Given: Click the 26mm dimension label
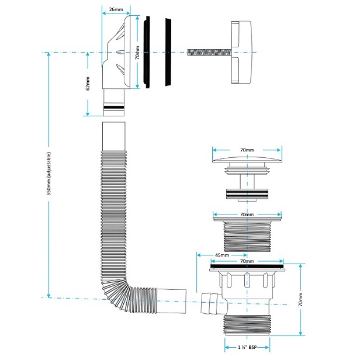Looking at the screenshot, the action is tap(116, 9).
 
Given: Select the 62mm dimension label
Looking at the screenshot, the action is tap(88, 84).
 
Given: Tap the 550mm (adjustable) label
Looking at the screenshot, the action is tap(49, 174).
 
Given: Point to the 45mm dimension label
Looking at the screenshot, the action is tap(222, 255).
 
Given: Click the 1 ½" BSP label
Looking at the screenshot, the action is tap(247, 347).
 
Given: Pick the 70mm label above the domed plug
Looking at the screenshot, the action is tap(247, 150).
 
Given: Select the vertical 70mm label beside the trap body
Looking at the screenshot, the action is tap(300, 300).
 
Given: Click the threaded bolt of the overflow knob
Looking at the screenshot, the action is tap(209, 53).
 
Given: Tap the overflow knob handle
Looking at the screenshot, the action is tap(241, 52).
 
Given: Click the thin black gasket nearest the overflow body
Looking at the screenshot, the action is tap(147, 52).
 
